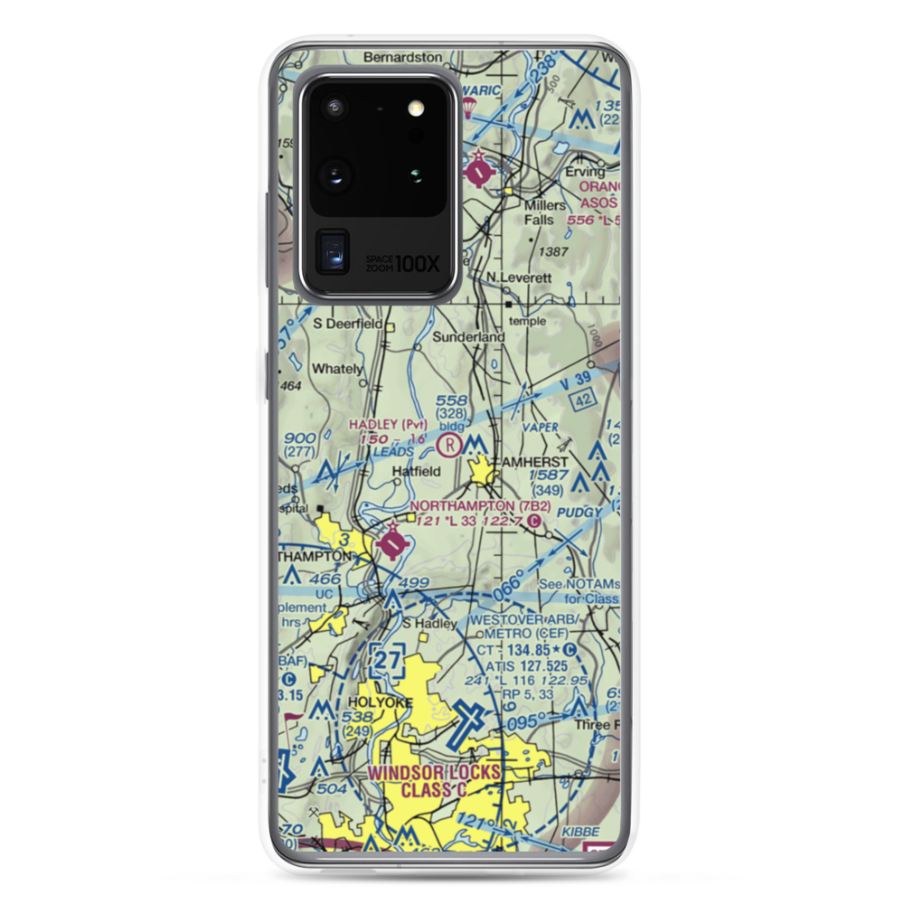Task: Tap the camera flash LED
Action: pos(416,108)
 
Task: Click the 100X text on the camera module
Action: pos(417,264)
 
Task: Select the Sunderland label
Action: pos(467,336)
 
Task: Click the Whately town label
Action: pos(336,369)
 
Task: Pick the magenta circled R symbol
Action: pos(449,444)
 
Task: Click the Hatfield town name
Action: pos(416,471)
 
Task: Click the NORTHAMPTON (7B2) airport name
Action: pos(476,505)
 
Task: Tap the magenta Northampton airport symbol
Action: pos(393,544)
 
